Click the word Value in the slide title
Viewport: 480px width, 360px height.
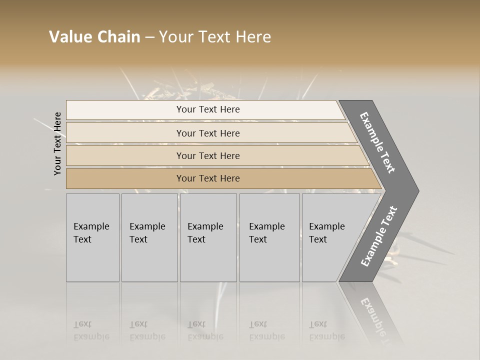coord(70,37)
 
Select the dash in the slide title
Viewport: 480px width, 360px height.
coord(149,37)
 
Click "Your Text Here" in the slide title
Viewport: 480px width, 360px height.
coord(215,37)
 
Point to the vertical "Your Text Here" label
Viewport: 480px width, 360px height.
coord(57,143)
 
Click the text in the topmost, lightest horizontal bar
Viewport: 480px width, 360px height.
coord(208,109)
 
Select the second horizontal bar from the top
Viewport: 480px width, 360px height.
coord(208,133)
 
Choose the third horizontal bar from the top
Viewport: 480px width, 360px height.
coord(208,155)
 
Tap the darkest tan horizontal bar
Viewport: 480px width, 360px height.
coord(208,178)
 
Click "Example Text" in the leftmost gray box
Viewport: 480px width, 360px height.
coord(91,233)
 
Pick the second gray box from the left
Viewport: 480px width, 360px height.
coord(149,237)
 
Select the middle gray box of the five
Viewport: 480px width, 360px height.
coord(208,237)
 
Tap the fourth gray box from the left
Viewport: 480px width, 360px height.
coord(269,237)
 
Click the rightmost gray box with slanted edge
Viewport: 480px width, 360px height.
coord(330,237)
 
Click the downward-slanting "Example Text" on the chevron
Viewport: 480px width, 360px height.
coord(377,142)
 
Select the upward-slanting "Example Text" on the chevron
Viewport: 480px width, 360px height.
coord(379,236)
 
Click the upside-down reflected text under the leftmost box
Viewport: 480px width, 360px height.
coord(91,330)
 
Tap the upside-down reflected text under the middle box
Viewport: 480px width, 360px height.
coord(205,330)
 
